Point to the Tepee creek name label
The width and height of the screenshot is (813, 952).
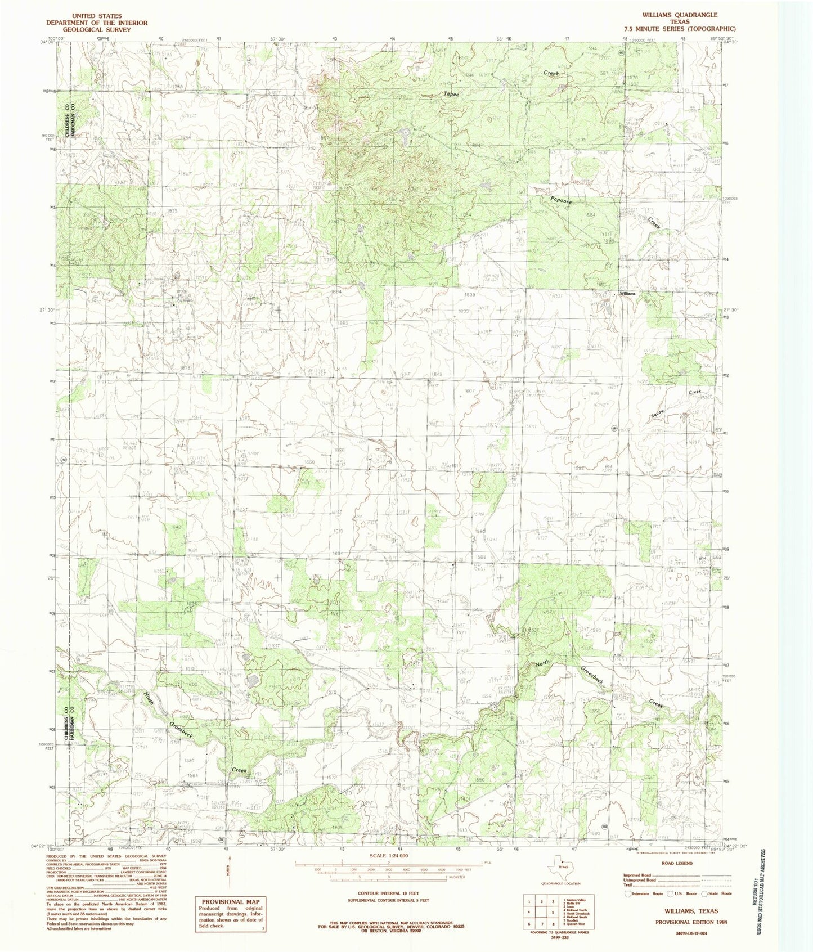click(451, 94)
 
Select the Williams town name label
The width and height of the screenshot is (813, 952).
click(627, 294)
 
